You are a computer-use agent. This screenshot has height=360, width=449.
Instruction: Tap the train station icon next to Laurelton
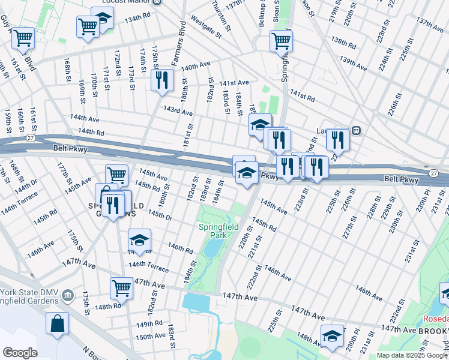tap(356, 130)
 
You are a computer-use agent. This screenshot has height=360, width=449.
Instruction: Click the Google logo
tap(20, 353)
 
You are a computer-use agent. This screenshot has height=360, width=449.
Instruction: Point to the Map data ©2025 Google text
tap(412, 355)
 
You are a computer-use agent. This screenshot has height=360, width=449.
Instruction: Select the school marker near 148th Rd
tap(331, 336)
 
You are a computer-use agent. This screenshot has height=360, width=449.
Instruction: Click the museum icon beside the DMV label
tap(67, 295)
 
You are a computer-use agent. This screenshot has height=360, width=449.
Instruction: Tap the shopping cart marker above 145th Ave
tap(116, 175)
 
